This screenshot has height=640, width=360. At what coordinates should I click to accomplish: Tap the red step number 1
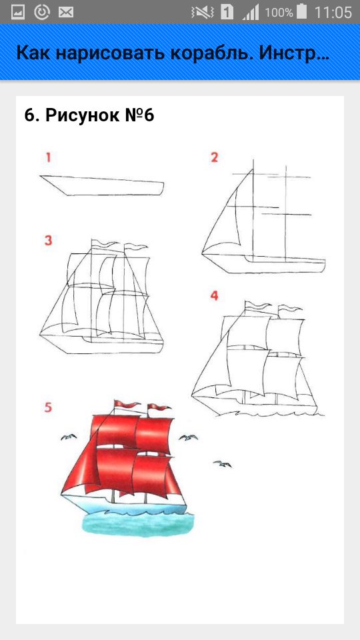tap(48, 157)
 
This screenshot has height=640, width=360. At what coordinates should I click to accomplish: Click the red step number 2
tap(214, 157)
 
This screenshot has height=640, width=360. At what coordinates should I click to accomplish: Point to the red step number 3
tap(48, 241)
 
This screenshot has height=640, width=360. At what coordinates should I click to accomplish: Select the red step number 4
tap(214, 296)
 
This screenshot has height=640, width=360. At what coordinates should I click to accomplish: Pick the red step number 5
tap(48, 407)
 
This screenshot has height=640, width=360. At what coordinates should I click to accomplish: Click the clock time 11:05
tap(333, 12)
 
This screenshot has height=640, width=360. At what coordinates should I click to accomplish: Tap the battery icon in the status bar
tap(301, 12)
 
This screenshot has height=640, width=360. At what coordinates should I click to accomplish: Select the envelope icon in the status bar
tap(66, 12)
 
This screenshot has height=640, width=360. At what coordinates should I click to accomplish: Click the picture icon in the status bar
tap(18, 12)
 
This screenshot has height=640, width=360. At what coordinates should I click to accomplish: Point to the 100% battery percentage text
tap(279, 13)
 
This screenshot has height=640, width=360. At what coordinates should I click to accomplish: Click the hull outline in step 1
tap(102, 186)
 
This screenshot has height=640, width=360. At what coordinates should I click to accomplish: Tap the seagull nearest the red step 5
tap(69, 437)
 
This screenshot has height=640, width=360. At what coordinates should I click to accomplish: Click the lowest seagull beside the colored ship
tap(223, 464)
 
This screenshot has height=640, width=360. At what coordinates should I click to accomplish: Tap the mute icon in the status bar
tap(203, 12)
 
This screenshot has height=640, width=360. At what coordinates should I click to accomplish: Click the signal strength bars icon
tap(250, 12)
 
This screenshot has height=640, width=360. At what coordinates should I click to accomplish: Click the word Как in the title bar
tap(33, 54)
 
